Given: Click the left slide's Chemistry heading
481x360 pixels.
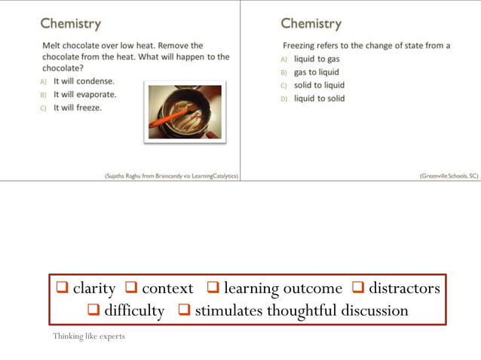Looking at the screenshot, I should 71,23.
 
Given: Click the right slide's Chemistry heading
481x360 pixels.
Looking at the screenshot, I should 311,23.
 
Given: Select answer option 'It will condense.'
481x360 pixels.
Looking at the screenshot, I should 84,81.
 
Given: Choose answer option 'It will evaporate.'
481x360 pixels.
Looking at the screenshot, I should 84,94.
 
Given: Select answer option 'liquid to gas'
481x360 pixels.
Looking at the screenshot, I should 317,59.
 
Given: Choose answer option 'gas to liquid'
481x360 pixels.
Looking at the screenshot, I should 317,72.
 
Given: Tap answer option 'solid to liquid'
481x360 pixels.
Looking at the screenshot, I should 319,85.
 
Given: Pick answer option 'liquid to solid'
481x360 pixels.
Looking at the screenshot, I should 319,99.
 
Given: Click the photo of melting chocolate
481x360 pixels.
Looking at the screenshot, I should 185,111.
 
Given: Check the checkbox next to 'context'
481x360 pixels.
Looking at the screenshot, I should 131,288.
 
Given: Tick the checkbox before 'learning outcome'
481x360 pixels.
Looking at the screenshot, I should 213,288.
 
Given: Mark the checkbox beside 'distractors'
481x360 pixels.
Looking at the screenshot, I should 357,288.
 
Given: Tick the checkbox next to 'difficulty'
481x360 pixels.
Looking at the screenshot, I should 93,310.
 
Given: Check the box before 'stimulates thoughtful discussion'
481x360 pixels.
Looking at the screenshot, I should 184,310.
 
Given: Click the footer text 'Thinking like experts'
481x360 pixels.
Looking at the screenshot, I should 89,336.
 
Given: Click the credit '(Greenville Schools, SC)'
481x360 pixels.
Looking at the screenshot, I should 449,175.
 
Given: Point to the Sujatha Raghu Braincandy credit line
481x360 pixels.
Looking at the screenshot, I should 171,175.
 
